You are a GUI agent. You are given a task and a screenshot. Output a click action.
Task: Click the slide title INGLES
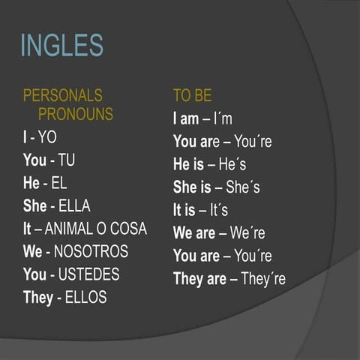[x=61, y=45]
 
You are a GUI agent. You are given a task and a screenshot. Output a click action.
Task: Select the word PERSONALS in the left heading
[x=63, y=96]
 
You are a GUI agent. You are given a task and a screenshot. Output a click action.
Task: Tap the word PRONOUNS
[x=75, y=114]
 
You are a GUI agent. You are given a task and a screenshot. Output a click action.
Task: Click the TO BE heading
[x=192, y=96]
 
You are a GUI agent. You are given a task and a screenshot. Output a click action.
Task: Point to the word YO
[x=47, y=137]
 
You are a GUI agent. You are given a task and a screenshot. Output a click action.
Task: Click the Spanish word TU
[x=66, y=160]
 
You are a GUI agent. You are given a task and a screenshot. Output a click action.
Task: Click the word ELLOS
[x=86, y=298]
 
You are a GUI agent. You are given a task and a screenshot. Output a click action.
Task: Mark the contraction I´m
[x=222, y=118]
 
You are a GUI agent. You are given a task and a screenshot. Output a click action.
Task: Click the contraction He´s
[x=232, y=164]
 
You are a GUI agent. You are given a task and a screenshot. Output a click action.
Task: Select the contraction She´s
[x=243, y=187]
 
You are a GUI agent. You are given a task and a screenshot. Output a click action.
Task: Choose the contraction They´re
[x=262, y=279]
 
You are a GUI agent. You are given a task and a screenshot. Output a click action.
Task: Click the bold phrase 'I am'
[x=186, y=118]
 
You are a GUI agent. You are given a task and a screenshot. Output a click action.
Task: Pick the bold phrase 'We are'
[x=194, y=233]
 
